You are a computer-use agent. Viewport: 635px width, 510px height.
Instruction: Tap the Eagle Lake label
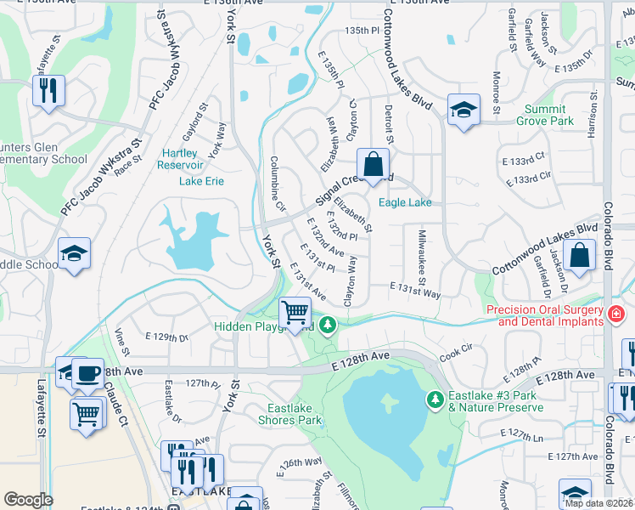(405, 202)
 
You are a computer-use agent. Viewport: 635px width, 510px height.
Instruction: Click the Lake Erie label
(201, 181)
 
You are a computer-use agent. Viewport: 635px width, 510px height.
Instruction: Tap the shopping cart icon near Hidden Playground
(295, 312)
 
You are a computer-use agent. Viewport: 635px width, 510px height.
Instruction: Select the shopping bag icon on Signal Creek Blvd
(373, 163)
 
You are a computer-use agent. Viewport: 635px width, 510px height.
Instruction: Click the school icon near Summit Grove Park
(464, 110)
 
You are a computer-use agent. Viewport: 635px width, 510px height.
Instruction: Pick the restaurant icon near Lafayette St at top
(48, 89)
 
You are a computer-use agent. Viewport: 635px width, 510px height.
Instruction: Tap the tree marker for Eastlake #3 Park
(436, 399)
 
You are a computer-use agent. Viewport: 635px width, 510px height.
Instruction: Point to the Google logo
(28, 500)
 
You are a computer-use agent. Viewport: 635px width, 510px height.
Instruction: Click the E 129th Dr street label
(166, 337)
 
